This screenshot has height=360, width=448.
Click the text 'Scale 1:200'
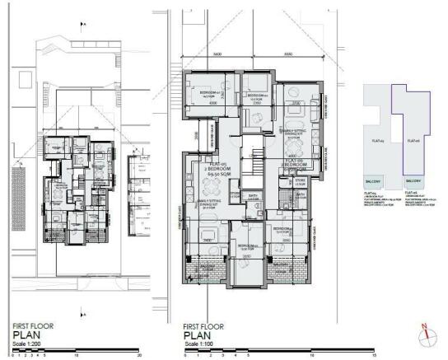pyautogui.click(x=24, y=344)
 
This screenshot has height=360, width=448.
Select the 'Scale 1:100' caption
pyautogui.click(x=198, y=344)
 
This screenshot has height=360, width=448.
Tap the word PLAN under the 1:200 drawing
pyautogui.click(x=20, y=335)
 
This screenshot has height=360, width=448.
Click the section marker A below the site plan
pyautogui.click(x=84, y=312)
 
